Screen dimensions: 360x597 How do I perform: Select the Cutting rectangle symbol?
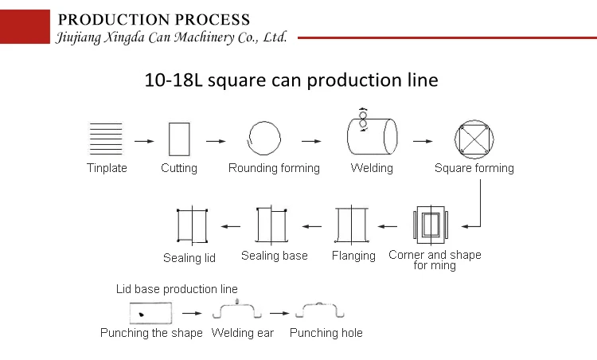click(178, 139)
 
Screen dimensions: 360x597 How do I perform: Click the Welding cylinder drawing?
click(371, 135)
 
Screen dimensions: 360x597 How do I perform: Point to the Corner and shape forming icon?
click(432, 225)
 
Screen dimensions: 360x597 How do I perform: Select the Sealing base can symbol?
click(271, 225)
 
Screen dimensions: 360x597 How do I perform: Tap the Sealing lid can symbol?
click(192, 225)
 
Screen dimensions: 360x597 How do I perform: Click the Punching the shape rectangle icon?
click(145, 313)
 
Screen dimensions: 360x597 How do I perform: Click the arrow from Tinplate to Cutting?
click(144, 141)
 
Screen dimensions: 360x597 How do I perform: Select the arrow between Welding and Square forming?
click(423, 141)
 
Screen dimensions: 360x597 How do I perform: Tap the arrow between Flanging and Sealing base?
click(310, 226)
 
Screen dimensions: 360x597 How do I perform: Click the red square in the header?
click(23, 22)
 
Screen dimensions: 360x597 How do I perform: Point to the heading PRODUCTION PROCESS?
click(154, 20)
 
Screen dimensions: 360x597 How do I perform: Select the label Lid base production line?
click(177, 289)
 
